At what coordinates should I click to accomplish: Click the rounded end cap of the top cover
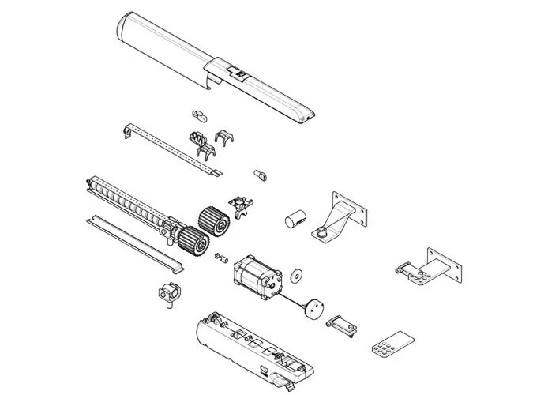(x=126, y=31)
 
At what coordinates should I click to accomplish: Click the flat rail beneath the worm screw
(x=134, y=237)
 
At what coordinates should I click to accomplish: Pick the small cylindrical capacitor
(x=295, y=219)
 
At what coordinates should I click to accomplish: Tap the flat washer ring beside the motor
(x=298, y=276)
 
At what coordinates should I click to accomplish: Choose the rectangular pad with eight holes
(x=391, y=340)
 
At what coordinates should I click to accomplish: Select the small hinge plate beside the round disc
(x=340, y=323)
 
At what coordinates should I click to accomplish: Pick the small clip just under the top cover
(x=200, y=117)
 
